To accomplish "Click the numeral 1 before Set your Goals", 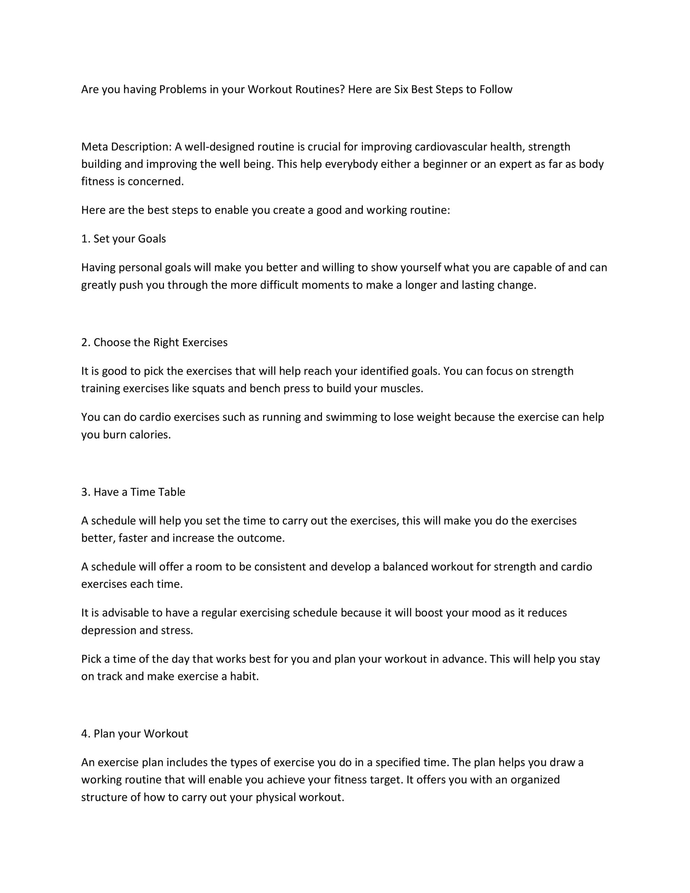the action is [84, 239].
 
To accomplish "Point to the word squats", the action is [208, 389].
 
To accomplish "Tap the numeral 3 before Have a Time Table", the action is [84, 492].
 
